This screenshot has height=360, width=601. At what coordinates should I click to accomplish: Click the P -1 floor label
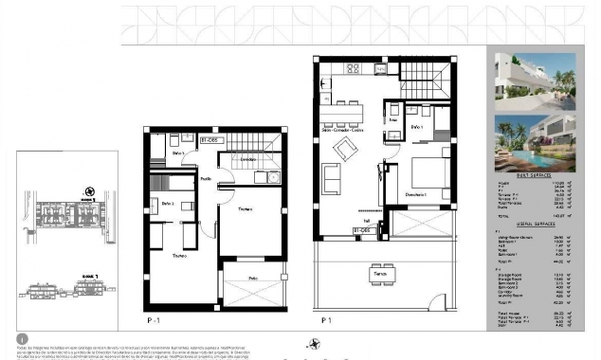(154, 321)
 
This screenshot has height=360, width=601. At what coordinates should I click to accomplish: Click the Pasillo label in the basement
(206, 178)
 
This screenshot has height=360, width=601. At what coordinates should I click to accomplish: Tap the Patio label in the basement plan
(252, 278)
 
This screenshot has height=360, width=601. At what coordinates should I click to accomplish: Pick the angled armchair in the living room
(344, 149)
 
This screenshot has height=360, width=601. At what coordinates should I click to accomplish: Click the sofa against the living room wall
(332, 178)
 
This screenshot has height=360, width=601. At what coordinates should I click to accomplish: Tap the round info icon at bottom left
(22, 338)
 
